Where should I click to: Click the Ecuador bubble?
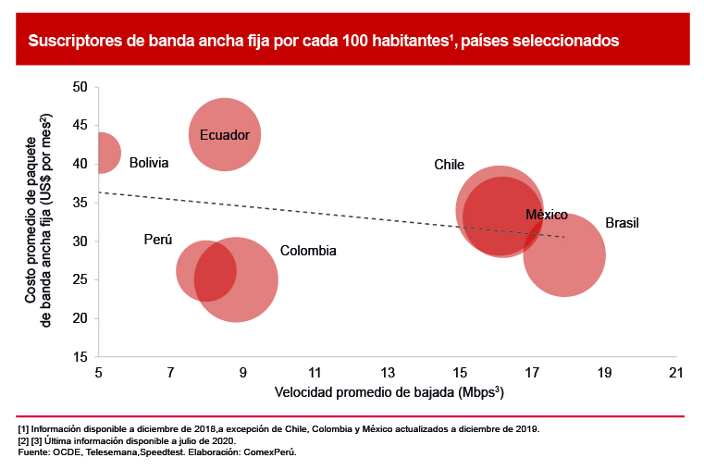225,134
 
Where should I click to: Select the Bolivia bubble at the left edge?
103,154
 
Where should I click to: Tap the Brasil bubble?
564,255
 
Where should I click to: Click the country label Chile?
449,165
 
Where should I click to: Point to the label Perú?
158,240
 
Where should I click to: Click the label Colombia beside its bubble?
308,251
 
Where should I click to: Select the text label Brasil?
622,223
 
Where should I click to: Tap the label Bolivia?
149,163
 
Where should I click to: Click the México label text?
546,215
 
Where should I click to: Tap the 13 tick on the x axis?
388,372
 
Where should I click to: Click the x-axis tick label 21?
676,372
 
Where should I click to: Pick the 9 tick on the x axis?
243,372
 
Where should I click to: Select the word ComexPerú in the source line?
272,452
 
